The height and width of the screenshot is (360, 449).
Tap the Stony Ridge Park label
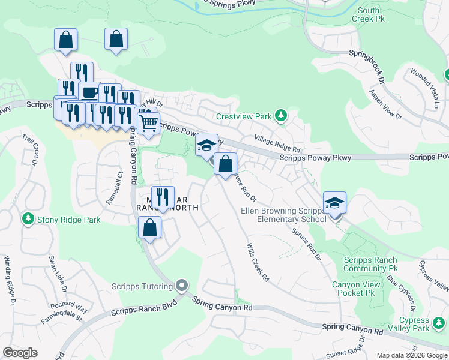68,220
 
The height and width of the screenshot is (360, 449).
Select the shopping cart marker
148,123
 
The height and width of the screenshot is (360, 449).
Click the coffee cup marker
89,92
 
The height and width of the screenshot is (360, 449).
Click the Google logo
20,353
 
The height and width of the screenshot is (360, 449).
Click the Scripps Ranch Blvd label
141,312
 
